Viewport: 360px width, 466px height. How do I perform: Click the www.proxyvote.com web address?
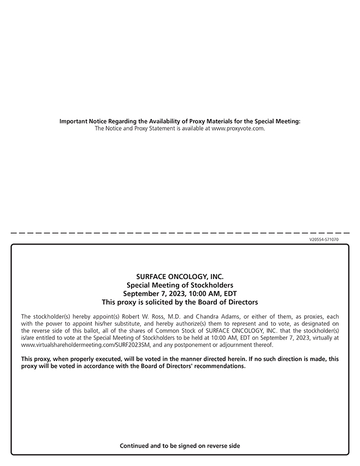click(x=238, y=129)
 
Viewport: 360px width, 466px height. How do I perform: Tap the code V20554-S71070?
click(x=324, y=239)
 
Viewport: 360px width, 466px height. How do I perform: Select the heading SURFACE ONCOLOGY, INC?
click(x=180, y=277)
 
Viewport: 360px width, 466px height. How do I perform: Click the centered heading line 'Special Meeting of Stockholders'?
click(x=180, y=285)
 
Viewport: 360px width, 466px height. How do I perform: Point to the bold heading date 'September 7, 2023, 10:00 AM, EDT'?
click(x=180, y=293)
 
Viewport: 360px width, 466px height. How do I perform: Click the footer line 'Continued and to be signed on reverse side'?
click(x=180, y=446)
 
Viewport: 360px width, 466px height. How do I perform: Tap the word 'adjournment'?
click(x=240, y=345)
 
